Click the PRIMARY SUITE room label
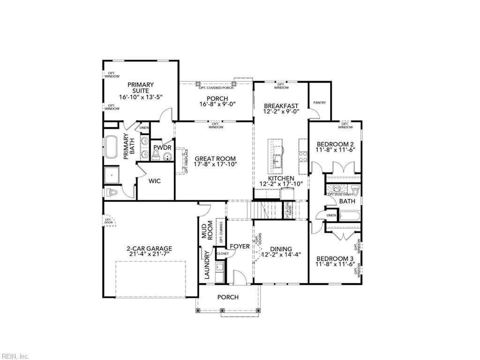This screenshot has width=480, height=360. point(141,88)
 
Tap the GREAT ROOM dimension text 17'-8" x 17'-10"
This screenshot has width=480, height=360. point(216,165)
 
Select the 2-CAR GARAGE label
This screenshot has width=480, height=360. point(149,249)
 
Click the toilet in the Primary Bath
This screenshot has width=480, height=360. point(112,192)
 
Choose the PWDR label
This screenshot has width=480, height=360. point(162,148)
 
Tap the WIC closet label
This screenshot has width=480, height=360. point(155,181)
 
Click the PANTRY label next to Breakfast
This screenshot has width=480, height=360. point(320,103)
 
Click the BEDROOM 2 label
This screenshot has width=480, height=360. point(335,144)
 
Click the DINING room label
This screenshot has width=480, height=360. point(281,249)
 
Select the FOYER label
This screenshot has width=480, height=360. point(240,246)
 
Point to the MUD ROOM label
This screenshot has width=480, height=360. point(207,231)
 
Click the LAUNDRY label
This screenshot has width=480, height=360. point(207,265)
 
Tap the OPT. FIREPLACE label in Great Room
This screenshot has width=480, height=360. point(186,161)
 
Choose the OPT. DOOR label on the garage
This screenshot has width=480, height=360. point(108,221)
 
